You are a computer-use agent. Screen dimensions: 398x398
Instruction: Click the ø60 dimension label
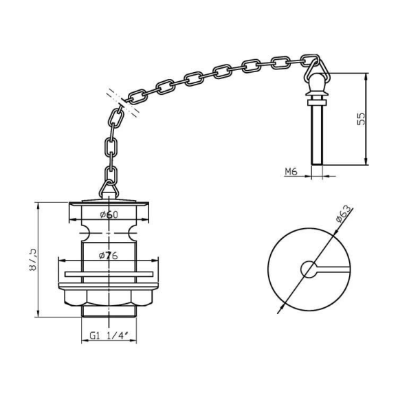[x=109, y=214]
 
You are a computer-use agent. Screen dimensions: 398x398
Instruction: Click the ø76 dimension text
[x=109, y=256]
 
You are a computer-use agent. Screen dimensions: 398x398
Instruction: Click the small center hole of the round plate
[x=309, y=269]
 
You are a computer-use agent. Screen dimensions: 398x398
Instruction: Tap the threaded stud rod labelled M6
[x=316, y=137]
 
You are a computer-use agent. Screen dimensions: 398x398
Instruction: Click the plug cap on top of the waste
[x=109, y=203]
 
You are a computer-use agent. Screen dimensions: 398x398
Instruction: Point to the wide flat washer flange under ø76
[x=109, y=274]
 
